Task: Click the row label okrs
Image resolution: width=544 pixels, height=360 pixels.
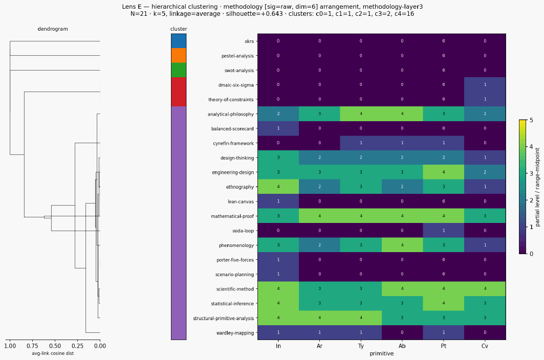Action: click(249, 41)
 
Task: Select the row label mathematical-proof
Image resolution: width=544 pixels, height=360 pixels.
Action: click(232, 216)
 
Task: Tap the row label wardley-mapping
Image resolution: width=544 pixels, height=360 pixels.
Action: click(235, 333)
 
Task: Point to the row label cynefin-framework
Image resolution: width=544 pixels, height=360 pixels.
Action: click(233, 143)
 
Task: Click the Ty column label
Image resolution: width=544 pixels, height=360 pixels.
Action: click(361, 346)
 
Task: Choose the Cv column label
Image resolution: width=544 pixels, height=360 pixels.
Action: click(485, 346)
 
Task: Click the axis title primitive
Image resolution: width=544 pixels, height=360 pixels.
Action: click(382, 353)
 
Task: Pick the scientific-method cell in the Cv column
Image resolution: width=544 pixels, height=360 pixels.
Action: click(485, 289)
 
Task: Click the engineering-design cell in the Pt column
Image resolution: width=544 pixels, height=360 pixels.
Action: click(444, 172)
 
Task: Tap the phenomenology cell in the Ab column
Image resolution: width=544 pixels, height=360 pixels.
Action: click(402, 245)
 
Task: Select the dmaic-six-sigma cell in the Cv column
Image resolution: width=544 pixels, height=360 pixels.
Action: click(485, 85)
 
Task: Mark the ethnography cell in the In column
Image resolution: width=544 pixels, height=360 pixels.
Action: click(278, 187)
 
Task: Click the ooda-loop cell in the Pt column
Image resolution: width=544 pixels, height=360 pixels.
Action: click(444, 231)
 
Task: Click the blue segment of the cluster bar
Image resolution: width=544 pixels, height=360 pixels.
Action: click(179, 41)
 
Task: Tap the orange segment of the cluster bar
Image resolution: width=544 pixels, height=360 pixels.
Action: click(179, 56)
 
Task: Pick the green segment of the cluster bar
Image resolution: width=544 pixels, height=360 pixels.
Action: click(179, 70)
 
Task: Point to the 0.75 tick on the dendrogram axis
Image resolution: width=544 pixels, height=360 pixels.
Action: click(32, 346)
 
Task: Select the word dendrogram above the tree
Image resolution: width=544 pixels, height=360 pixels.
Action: click(53, 29)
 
